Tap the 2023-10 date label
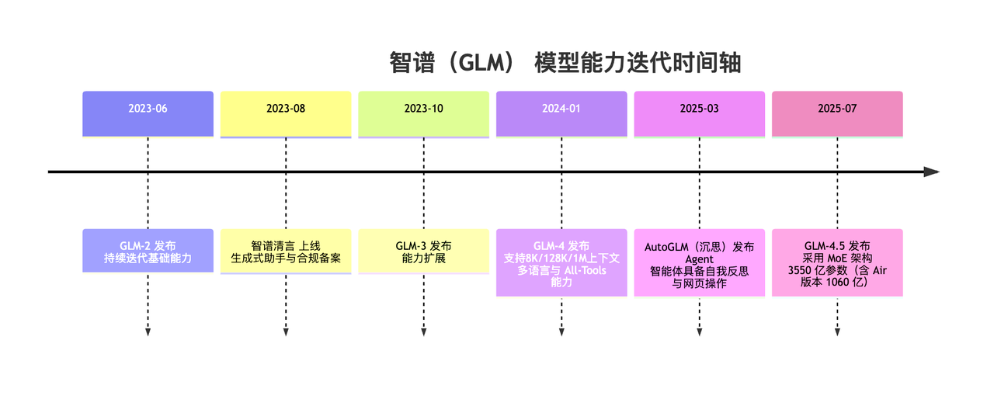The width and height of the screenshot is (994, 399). click(x=423, y=109)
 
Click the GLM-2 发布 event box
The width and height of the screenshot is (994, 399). click(x=148, y=251)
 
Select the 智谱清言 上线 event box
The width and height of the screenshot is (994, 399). click(x=286, y=251)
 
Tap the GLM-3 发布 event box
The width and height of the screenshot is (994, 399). click(x=423, y=251)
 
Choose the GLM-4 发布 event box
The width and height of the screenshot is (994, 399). click(x=561, y=262)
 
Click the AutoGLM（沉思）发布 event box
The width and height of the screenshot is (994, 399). click(x=699, y=262)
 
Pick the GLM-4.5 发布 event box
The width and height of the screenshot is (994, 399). click(x=837, y=262)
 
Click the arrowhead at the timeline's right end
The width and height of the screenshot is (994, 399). click(x=932, y=172)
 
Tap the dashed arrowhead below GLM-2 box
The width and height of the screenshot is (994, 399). click(x=148, y=332)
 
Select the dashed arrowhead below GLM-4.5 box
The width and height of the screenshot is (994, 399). click(x=837, y=332)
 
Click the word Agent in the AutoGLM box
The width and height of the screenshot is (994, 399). click(x=699, y=259)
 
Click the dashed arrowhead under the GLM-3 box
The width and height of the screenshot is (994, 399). click(x=423, y=332)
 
